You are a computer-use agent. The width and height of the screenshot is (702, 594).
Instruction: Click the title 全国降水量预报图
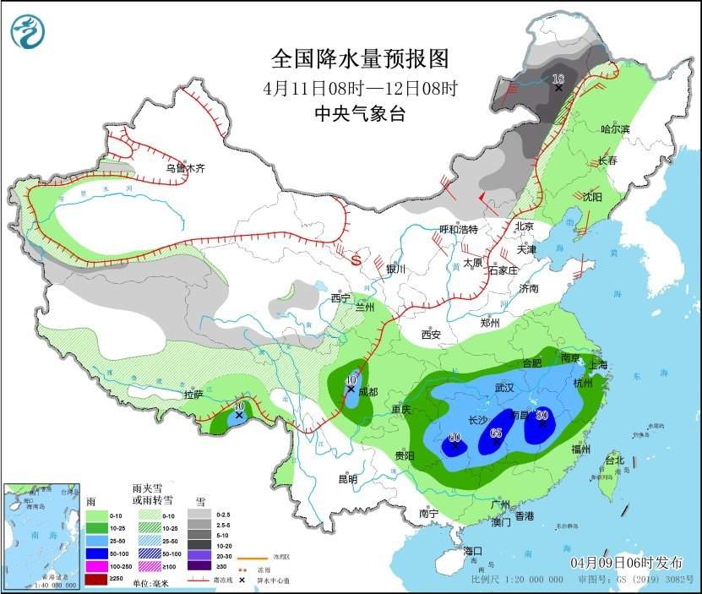click(359, 58)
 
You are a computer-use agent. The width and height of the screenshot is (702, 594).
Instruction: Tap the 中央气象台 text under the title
click(359, 112)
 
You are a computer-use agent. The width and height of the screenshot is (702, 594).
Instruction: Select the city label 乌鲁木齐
click(185, 168)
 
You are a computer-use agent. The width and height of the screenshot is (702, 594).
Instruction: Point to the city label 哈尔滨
click(616, 129)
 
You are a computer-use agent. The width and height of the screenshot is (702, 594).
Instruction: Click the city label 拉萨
click(194, 395)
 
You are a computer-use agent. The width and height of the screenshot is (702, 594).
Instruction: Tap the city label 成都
click(368, 391)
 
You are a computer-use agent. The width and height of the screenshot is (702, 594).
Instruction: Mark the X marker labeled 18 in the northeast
click(558, 87)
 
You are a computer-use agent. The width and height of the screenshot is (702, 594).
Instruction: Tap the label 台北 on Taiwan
click(614, 460)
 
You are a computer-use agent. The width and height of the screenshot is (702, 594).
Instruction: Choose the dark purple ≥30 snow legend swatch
click(199, 565)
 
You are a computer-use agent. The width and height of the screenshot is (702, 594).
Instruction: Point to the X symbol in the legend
click(242, 580)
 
